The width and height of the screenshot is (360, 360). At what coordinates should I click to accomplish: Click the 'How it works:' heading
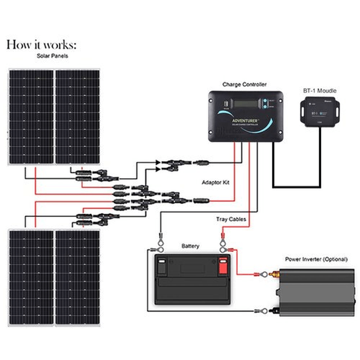click(41, 45)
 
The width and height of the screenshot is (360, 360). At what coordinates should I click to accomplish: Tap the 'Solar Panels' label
click(52, 56)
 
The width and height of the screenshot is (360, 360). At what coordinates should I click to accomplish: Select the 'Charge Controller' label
click(244, 84)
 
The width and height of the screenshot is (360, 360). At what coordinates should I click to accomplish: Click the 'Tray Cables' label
click(231, 219)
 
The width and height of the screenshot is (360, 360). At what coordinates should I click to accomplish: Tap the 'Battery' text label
click(190, 246)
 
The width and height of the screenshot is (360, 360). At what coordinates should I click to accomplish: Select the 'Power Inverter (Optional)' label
click(316, 260)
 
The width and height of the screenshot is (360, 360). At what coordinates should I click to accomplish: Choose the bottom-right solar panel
click(77, 277)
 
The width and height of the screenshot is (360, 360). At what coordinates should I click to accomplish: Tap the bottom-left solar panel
click(31, 277)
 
